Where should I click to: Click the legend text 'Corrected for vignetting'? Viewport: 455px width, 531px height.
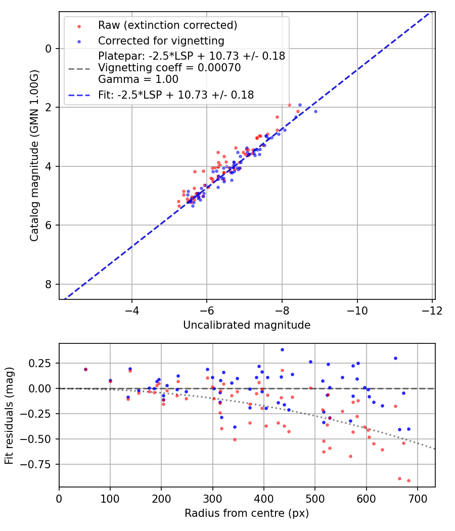point(161,40)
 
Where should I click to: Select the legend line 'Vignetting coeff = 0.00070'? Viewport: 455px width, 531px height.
point(169,68)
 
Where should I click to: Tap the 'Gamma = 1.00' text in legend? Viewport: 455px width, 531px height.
point(138,79)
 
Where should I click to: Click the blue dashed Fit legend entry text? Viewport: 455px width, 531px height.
point(176,95)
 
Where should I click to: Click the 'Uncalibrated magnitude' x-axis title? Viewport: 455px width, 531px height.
point(247,325)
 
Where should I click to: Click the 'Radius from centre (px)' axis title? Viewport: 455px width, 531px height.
point(247,513)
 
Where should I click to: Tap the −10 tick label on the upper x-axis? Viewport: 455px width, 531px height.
point(357,309)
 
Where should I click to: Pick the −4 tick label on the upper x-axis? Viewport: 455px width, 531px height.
point(132,309)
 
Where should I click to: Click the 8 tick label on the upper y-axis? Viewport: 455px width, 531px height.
point(49,284)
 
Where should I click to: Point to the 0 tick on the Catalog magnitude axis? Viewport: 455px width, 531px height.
point(49,49)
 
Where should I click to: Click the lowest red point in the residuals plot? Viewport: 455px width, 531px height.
point(408,480)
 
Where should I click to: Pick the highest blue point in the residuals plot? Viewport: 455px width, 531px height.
point(282,349)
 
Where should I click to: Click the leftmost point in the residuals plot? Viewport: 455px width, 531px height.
point(85,369)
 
